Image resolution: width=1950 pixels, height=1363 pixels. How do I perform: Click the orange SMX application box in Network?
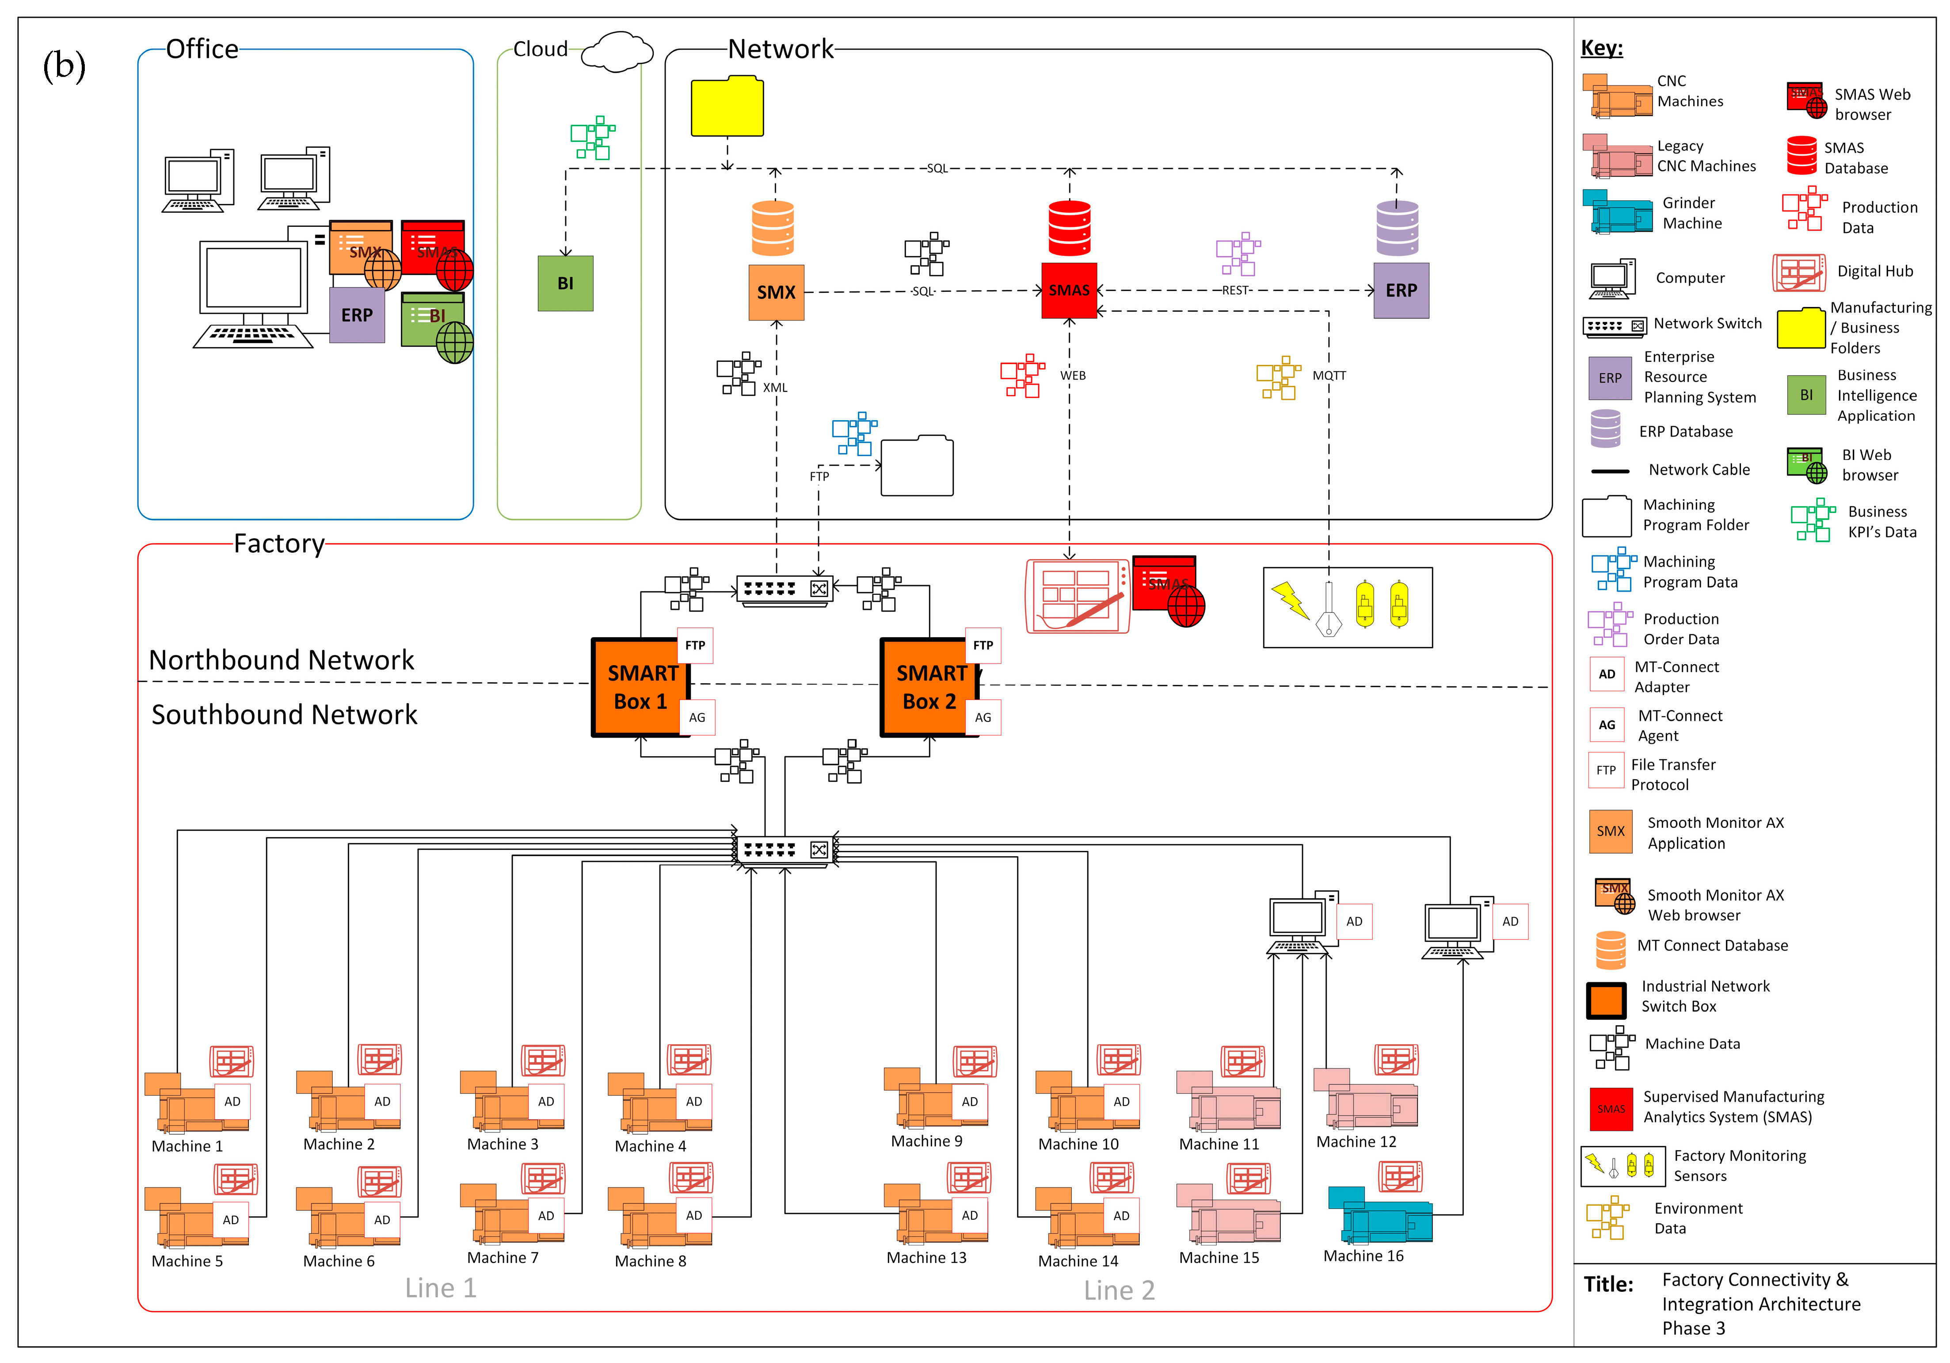(775, 292)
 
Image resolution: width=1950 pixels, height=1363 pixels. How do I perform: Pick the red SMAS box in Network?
(1068, 291)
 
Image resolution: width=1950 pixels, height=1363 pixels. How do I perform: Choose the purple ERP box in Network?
(1401, 291)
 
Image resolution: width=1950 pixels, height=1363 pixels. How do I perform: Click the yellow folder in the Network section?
(727, 107)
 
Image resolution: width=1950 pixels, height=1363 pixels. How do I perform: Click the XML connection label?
(775, 387)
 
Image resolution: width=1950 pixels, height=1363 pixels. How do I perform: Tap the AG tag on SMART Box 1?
(697, 717)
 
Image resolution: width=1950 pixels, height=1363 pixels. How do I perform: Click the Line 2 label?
(1119, 1290)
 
